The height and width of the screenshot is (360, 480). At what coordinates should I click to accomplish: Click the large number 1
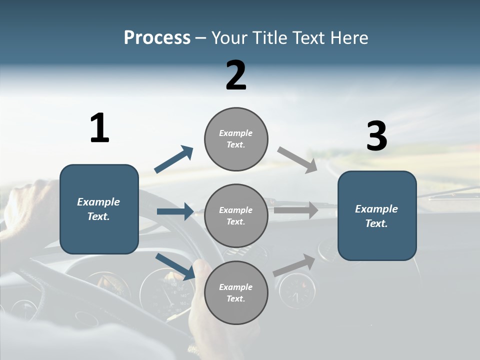99,128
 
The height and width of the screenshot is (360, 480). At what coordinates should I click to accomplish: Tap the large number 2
236,75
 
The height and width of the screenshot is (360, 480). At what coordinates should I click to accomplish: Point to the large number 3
376,136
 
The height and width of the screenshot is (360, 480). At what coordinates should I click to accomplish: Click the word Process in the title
157,38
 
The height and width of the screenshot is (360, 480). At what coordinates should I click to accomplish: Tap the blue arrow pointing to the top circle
174,159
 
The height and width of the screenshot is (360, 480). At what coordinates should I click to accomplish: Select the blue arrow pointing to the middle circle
175,211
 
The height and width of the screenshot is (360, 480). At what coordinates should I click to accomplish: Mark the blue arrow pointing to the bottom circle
175,266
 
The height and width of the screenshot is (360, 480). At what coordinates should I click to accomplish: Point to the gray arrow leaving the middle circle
295,210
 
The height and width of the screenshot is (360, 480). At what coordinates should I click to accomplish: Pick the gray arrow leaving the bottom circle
294,265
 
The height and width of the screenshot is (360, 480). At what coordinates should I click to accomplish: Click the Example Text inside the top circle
236,139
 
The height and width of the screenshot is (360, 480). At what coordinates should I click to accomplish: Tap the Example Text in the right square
376,216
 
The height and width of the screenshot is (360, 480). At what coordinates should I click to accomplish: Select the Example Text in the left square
98,209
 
